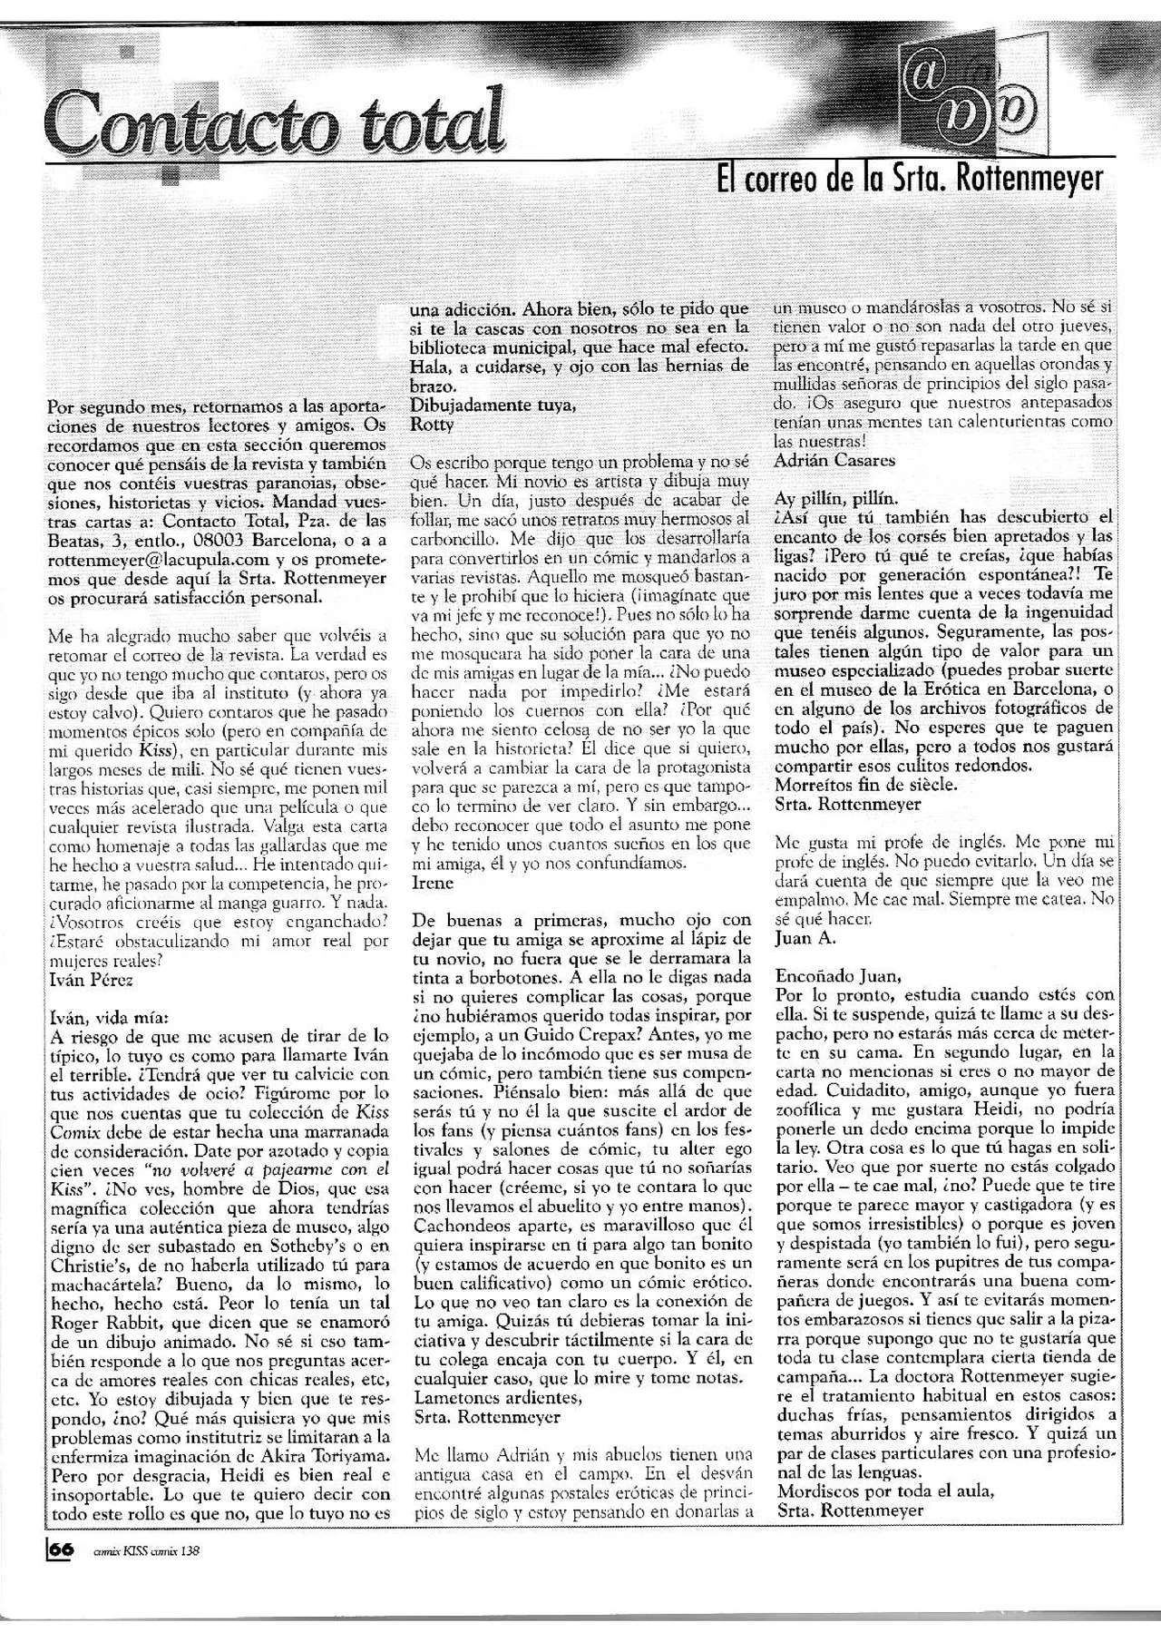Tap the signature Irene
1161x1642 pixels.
[x=431, y=882]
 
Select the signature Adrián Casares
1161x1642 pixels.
[x=834, y=460]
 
